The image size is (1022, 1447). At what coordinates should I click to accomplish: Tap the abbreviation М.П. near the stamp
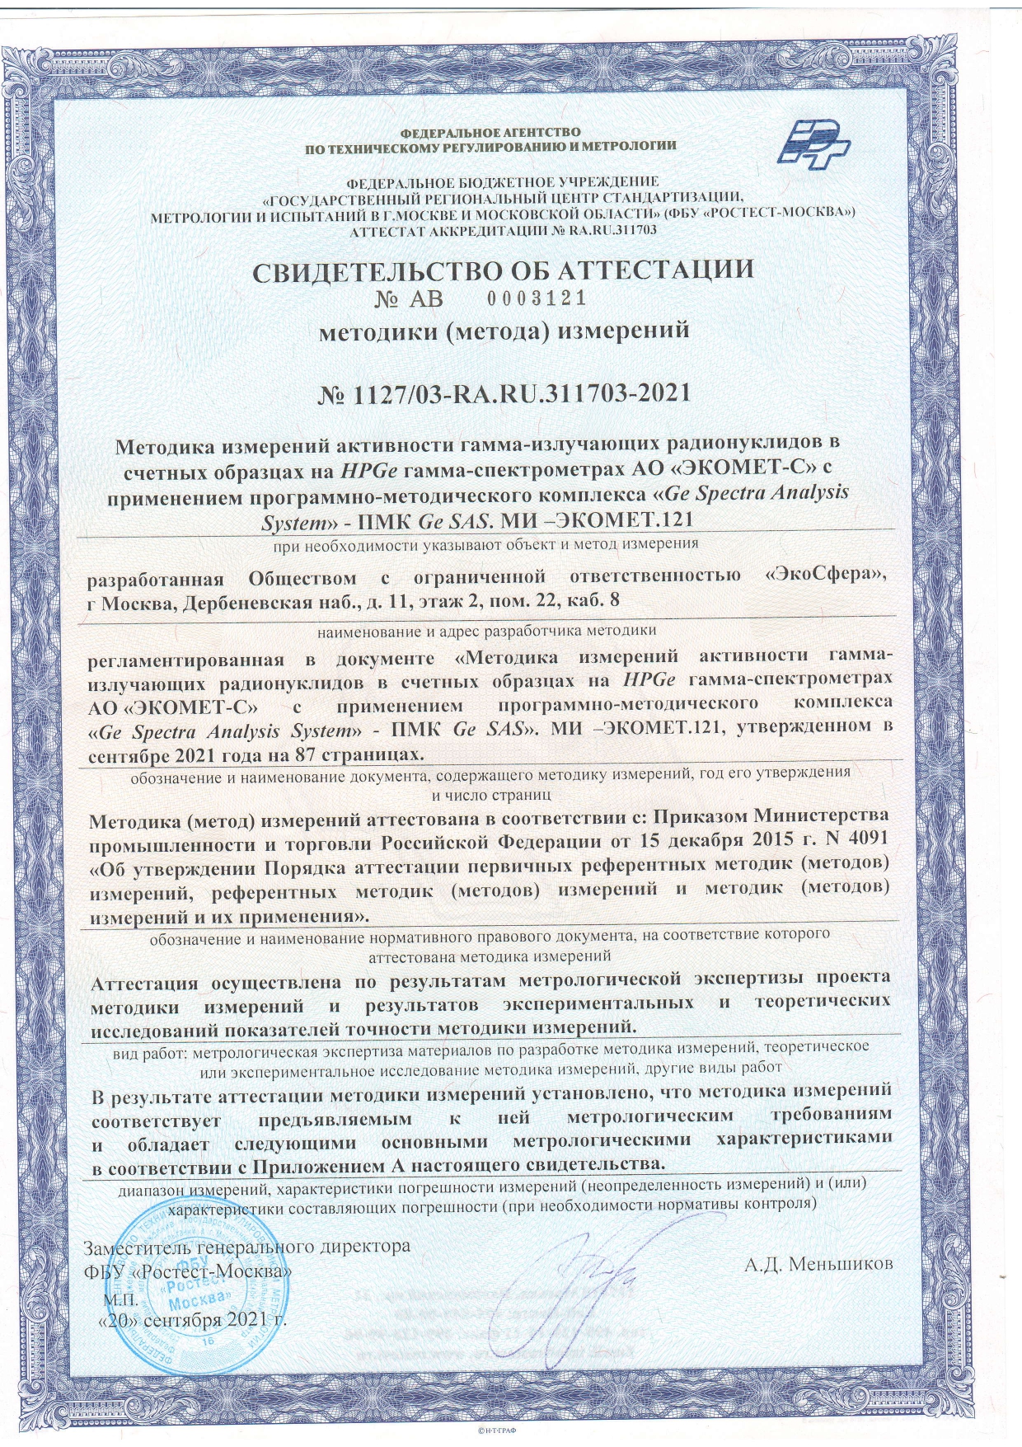(x=120, y=1299)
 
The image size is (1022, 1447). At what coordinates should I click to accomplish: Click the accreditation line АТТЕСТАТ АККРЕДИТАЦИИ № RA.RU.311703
(x=504, y=230)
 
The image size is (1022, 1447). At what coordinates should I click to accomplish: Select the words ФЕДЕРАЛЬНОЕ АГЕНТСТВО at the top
(x=490, y=132)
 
